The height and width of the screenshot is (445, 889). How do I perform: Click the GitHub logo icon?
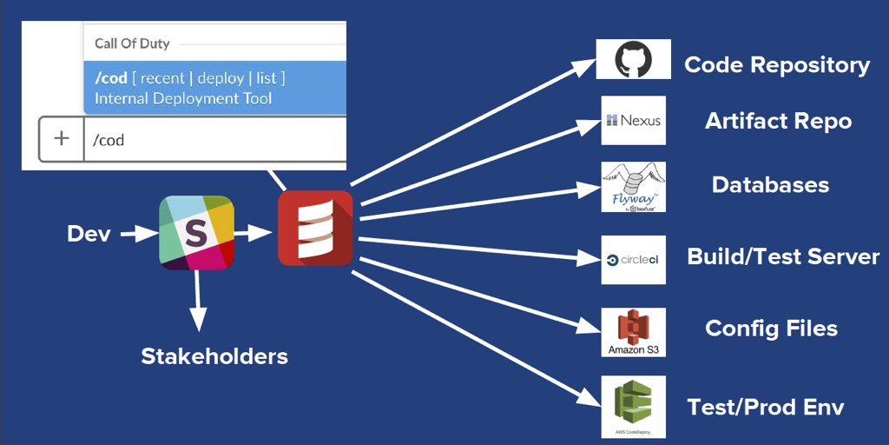634,60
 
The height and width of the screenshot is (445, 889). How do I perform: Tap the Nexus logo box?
633,120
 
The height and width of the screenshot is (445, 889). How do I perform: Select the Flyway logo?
633,186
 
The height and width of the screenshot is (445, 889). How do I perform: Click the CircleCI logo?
633,259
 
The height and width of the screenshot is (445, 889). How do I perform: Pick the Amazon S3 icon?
633,331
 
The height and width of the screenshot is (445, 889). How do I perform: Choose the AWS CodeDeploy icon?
633,406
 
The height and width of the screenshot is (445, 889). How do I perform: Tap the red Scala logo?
315,228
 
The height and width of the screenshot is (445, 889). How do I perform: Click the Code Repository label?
777,65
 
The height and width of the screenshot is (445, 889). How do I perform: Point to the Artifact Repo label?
778,121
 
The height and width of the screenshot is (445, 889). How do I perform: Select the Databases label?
770,184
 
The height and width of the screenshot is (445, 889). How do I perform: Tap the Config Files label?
771,329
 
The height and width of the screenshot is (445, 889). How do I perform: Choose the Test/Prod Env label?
765,407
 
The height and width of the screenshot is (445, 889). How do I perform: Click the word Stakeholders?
214,355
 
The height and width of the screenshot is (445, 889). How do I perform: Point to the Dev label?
89,234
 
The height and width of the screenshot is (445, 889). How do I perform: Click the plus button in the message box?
62,139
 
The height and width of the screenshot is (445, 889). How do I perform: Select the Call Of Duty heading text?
132,43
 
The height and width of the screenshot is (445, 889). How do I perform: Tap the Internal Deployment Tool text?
183,98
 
